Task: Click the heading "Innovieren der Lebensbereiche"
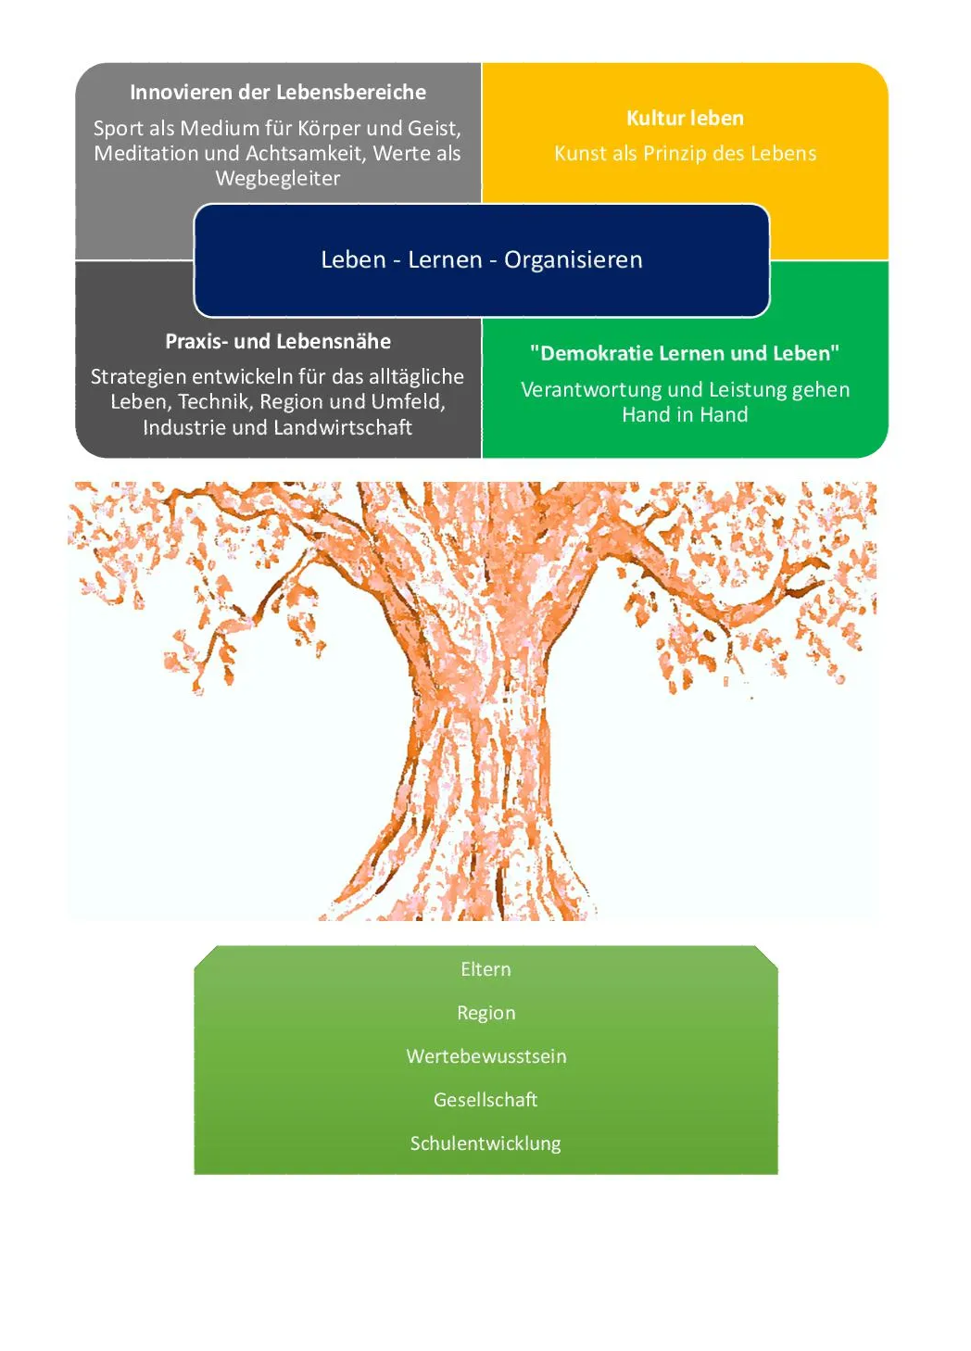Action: click(x=278, y=93)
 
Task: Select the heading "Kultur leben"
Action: click(x=685, y=119)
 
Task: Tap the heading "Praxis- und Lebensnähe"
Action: click(x=278, y=342)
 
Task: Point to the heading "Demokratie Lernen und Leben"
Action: click(x=685, y=354)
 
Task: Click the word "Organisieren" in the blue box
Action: click(x=573, y=260)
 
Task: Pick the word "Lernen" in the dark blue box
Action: click(x=445, y=260)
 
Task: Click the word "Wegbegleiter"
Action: click(x=278, y=179)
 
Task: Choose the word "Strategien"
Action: click(x=138, y=377)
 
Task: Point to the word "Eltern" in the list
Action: click(x=485, y=969)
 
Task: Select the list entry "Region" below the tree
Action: click(x=485, y=1013)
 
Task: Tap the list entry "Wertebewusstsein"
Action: click(x=485, y=1056)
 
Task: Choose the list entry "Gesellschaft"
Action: click(x=485, y=1100)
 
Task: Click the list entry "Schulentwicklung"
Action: click(x=485, y=1143)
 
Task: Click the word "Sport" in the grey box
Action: click(x=117, y=129)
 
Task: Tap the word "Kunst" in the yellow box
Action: click(x=580, y=154)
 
